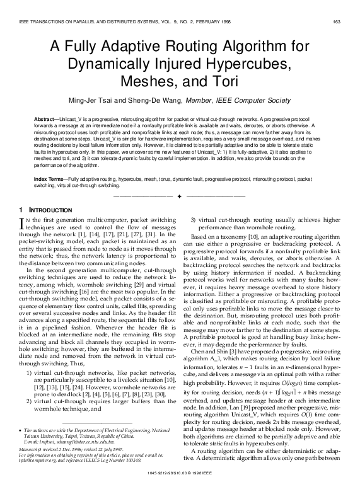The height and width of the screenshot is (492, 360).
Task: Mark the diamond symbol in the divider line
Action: [180, 197]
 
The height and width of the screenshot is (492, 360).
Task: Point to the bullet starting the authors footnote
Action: [22, 430]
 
